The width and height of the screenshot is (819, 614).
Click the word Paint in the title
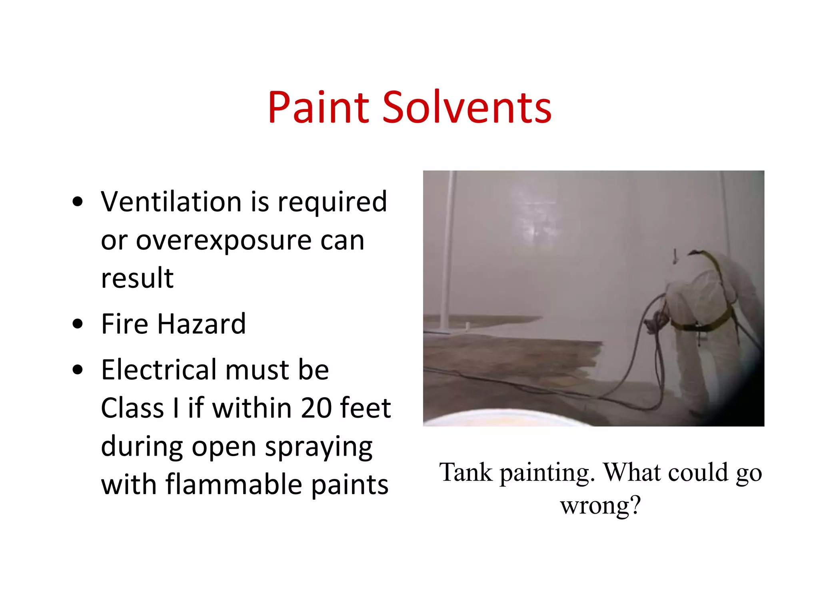point(318,107)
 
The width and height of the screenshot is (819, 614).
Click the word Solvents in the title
point(467,107)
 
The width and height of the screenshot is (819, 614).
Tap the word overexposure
point(224,241)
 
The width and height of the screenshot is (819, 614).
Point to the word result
point(137,278)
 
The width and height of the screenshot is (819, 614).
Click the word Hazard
point(202,324)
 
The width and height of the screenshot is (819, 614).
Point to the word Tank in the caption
point(466,472)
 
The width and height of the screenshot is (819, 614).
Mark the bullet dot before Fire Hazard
point(78,324)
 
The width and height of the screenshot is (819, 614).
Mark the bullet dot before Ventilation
point(78,201)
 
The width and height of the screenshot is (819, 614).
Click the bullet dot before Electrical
point(78,370)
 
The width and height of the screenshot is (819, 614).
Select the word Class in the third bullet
point(132,408)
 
